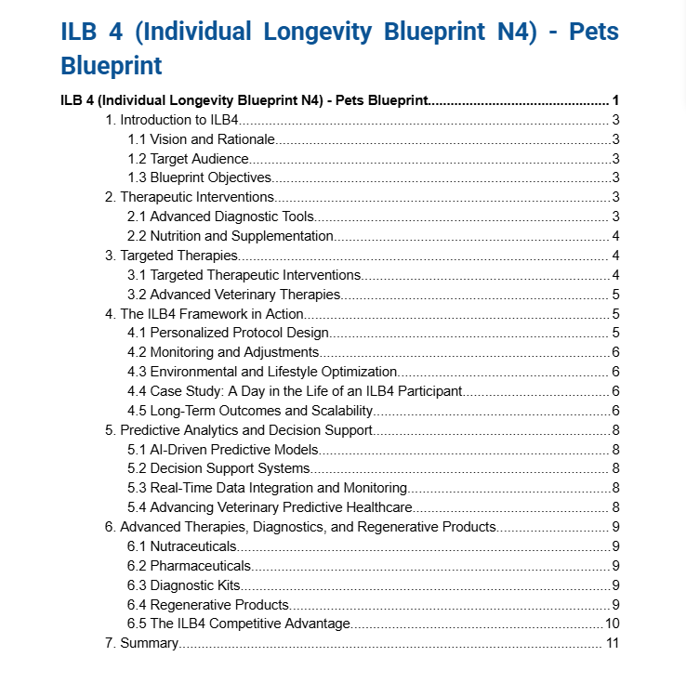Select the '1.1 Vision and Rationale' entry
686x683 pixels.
(x=201, y=139)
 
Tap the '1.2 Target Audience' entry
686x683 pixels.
(x=188, y=159)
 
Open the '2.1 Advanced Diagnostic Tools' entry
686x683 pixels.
(x=220, y=217)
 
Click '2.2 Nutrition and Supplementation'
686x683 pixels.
(x=231, y=236)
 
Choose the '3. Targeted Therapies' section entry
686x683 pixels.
(x=172, y=256)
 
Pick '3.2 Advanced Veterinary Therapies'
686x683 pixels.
(x=233, y=295)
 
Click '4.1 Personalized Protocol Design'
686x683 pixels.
(x=228, y=333)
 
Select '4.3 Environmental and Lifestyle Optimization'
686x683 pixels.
(x=262, y=372)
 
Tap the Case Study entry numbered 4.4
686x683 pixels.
(x=295, y=391)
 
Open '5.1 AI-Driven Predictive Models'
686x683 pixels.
(x=222, y=450)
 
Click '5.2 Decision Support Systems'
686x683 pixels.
(x=218, y=468)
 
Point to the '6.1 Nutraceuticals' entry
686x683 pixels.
(x=182, y=546)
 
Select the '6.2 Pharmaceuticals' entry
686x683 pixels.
(x=190, y=565)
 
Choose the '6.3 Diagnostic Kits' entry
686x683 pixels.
(x=184, y=584)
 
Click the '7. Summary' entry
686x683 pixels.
(x=141, y=643)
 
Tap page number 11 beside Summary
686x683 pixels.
(x=613, y=643)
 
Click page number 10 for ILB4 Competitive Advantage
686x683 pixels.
(x=613, y=624)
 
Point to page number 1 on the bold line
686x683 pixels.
(x=615, y=100)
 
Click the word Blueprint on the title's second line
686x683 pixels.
(x=112, y=66)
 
